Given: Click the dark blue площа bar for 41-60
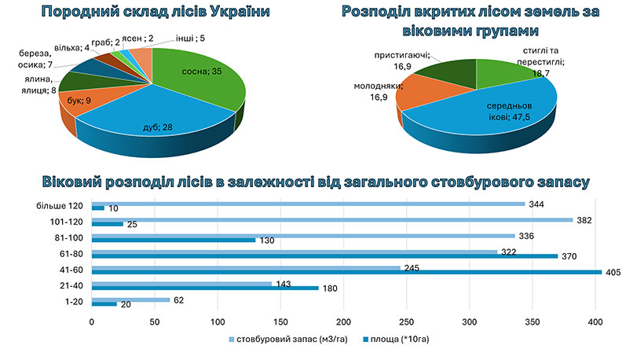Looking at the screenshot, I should pos(346,272).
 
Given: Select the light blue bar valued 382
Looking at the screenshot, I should pos(332,220).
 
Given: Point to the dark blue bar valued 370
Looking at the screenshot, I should pos(324,255).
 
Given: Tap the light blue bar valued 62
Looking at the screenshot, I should pos(130,299).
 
